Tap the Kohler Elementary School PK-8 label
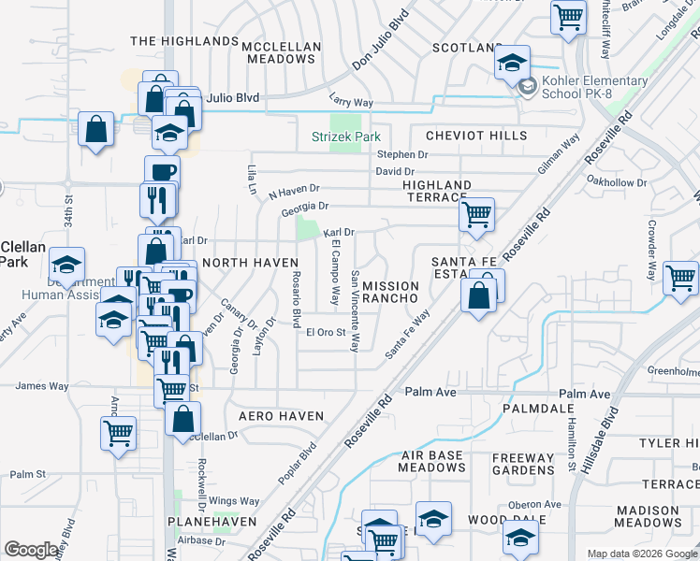(595, 88)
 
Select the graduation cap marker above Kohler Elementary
(512, 63)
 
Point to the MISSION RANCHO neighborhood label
(395, 292)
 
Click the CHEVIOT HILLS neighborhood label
(475, 136)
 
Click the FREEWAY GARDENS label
(524, 465)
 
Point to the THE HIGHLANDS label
(184, 42)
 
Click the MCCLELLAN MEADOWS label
(281, 52)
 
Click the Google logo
(32, 550)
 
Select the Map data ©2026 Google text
(642, 554)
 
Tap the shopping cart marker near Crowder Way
(680, 278)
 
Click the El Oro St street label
(328, 332)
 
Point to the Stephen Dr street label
(401, 154)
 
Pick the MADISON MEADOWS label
(661, 516)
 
